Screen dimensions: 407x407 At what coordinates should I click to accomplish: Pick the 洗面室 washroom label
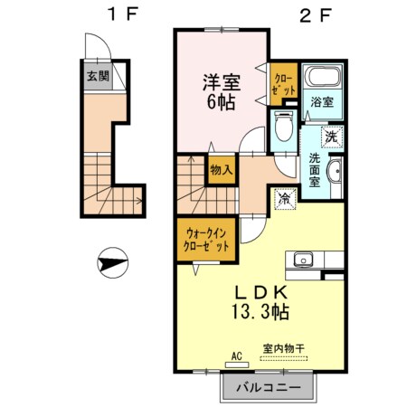314,168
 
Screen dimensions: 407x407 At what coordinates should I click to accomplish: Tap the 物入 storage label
221,168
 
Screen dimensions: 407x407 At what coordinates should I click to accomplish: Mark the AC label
238,355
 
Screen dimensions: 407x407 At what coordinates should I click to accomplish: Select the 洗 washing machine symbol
331,137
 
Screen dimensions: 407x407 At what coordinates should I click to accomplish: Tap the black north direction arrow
110,264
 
